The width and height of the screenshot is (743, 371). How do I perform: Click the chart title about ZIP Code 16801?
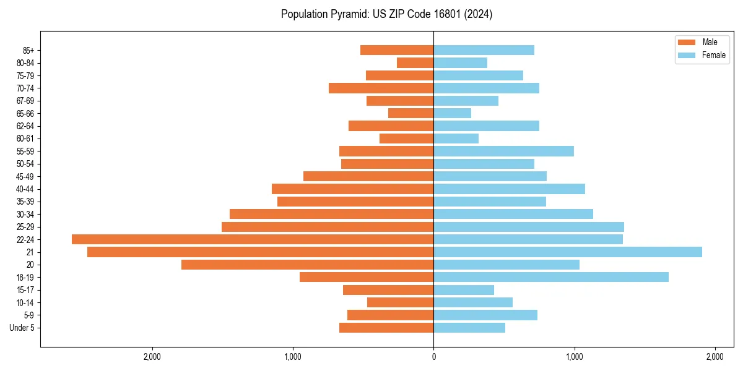[386, 14]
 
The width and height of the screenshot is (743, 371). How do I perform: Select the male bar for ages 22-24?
[253, 239]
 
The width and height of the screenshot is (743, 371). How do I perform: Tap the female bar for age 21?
[568, 252]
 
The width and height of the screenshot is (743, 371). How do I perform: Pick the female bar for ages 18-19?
[551, 277]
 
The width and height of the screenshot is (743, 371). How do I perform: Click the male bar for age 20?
[307, 265]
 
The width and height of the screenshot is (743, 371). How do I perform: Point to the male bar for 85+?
[397, 50]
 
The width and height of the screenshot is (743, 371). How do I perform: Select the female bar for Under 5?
[469, 328]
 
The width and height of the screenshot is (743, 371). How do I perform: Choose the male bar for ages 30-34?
[331, 214]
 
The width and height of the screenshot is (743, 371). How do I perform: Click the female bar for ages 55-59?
[503, 151]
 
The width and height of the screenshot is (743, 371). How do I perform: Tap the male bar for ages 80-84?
[415, 62]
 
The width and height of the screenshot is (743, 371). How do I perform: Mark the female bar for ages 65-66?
[452, 113]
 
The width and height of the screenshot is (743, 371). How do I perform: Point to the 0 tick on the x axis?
[433, 357]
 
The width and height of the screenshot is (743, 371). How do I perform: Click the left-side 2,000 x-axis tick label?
[152, 357]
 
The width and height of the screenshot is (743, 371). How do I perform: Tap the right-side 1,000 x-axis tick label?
[574, 357]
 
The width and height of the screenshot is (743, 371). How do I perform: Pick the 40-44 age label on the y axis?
[25, 189]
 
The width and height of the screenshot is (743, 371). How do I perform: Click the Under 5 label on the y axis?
[22, 328]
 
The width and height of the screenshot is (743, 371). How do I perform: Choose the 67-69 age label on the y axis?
[25, 101]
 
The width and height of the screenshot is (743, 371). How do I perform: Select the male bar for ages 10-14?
[400, 302]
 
